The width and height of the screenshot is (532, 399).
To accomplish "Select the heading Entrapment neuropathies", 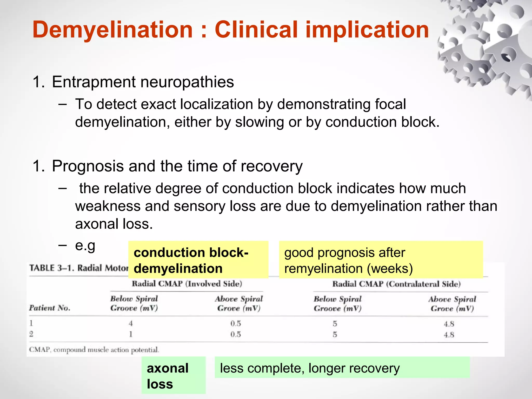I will (143, 82).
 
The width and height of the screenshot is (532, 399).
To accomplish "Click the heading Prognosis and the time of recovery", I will (177, 166).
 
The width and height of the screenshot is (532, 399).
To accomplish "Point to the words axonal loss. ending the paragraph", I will (114, 224).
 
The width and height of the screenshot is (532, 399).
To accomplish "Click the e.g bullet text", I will (85, 245).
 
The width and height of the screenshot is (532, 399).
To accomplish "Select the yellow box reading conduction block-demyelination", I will (198, 260).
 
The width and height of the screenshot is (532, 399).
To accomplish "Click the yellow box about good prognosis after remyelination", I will (381, 260).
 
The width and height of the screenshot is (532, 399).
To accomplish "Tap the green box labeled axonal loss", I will (173, 376).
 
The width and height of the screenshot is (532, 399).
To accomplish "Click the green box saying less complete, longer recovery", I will (342, 368).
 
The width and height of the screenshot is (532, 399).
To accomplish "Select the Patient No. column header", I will (50, 308).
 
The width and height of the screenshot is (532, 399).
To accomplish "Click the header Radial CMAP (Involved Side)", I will (187, 284).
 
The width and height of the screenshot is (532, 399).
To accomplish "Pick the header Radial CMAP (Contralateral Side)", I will (396, 284).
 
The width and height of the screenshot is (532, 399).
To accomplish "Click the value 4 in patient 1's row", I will (131, 324).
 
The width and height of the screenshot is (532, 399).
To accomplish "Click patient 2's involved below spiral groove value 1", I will (131, 334).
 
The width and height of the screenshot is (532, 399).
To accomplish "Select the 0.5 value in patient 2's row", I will (236, 334).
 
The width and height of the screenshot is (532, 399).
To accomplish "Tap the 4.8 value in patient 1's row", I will (449, 324).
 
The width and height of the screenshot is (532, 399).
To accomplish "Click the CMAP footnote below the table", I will (94, 350).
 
